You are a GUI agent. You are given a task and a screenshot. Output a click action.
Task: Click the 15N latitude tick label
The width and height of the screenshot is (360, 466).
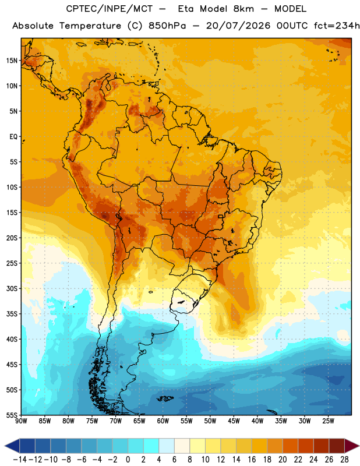(x=12, y=61)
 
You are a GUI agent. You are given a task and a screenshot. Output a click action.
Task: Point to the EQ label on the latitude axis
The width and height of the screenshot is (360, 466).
(x=13, y=137)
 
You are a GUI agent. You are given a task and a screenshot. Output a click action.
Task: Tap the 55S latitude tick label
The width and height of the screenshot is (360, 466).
(x=12, y=415)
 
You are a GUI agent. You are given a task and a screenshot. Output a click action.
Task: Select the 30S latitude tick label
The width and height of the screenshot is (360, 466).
(x=12, y=288)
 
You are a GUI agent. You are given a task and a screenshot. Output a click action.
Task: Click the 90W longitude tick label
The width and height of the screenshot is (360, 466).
(x=21, y=421)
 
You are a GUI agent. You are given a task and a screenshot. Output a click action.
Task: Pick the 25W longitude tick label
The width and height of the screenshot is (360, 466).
(x=328, y=421)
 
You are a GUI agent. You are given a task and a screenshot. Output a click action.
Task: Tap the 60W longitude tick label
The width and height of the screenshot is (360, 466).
(x=163, y=421)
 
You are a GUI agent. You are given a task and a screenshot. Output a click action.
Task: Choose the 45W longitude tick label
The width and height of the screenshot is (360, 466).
(x=234, y=421)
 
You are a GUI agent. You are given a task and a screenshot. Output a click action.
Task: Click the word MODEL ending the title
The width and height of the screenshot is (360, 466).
(x=290, y=9)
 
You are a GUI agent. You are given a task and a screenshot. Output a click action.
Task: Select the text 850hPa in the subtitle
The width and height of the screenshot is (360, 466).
(x=167, y=26)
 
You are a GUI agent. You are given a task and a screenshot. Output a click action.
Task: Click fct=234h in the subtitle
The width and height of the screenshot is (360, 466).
(x=337, y=26)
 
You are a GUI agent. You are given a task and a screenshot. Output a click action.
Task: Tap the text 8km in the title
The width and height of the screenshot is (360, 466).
(x=243, y=9)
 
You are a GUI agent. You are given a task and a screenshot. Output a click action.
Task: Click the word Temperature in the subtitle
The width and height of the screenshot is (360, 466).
(x=90, y=26)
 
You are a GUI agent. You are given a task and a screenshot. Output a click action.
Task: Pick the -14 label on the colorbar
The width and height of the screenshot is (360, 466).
(x=20, y=460)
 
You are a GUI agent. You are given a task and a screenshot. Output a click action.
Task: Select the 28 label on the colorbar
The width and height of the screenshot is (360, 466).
(x=344, y=460)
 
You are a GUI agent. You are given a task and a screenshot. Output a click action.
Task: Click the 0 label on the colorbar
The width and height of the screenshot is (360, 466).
(x=128, y=460)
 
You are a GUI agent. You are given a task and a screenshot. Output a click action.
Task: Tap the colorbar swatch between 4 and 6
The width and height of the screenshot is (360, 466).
(x=167, y=446)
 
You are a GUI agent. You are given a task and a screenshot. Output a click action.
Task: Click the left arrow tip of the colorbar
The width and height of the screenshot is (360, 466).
(x=5, y=446)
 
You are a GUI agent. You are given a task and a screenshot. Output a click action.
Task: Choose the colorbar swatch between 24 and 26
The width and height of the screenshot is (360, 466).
(x=322, y=446)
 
